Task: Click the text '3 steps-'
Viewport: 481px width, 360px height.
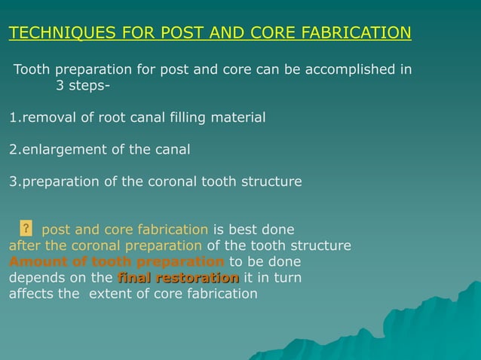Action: pyautogui.click(x=83, y=85)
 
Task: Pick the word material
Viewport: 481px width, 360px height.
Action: pyautogui.click(x=236, y=117)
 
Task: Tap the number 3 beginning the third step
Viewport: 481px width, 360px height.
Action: pyautogui.click(x=12, y=182)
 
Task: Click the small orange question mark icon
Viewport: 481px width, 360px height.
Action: pyautogui.click(x=26, y=228)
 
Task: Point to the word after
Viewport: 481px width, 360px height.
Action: pyautogui.click(x=26, y=246)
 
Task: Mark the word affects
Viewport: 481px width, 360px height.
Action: pyautogui.click(x=32, y=294)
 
